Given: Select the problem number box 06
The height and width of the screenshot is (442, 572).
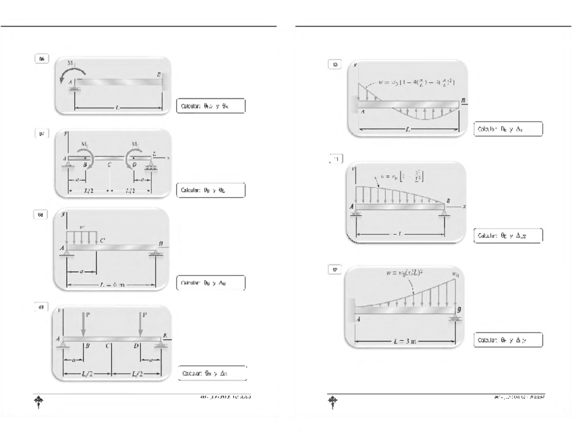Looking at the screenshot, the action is pyautogui.click(x=42, y=59).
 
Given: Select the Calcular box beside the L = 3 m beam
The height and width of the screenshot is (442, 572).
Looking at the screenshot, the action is pyautogui.click(x=507, y=340).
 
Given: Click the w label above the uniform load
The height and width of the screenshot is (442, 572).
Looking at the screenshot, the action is pyautogui.click(x=82, y=227).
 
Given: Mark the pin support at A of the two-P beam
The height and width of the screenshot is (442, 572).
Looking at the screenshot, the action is pyautogui.click(x=66, y=346).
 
